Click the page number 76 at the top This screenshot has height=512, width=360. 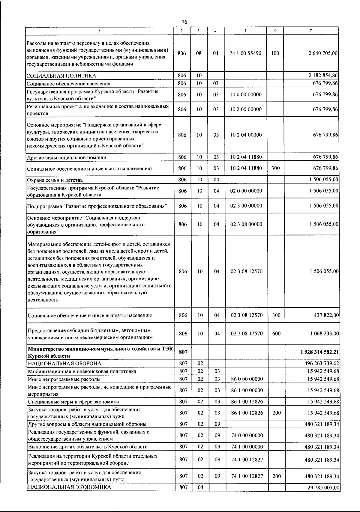click(x=184, y=22)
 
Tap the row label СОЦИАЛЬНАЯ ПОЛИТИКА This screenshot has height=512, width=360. click(x=61, y=76)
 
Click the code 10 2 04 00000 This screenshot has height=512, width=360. click(x=246, y=135)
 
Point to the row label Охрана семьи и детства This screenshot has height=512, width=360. click(x=55, y=180)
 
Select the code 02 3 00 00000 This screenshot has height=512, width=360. click(x=246, y=206)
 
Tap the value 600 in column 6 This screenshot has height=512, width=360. click(x=276, y=334)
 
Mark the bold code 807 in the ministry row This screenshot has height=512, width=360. click(x=183, y=352)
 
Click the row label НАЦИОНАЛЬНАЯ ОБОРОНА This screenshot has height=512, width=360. click(x=64, y=364)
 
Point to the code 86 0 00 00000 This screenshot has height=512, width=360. click(x=247, y=379)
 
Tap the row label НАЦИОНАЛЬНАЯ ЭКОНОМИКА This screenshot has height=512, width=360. click(x=69, y=487)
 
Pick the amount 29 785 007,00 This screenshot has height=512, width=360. click(x=323, y=488)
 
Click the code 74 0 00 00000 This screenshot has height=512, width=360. click(x=247, y=435)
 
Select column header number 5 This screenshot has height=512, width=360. click(x=245, y=31)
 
